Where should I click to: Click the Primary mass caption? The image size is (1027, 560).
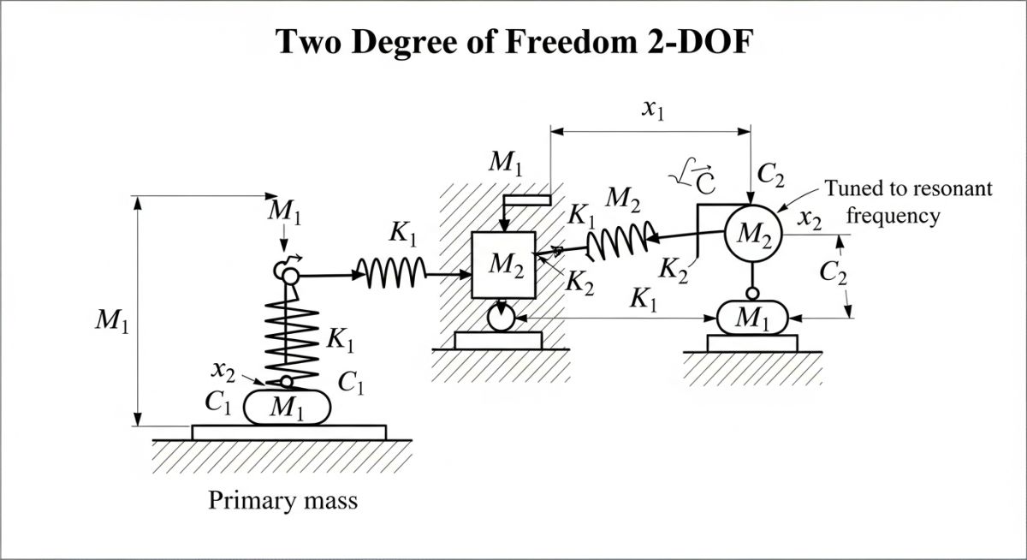[282, 500]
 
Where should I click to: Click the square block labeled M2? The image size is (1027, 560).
[504, 265]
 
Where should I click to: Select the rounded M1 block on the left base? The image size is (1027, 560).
[287, 407]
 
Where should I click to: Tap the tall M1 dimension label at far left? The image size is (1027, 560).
[112, 325]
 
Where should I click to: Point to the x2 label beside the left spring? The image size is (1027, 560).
[223, 370]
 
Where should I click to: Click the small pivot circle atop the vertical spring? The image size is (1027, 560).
[286, 275]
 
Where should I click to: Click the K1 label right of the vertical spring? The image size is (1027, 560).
[341, 340]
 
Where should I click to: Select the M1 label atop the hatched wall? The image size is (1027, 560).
[505, 163]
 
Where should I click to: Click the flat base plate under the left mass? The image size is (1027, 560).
[288, 432]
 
